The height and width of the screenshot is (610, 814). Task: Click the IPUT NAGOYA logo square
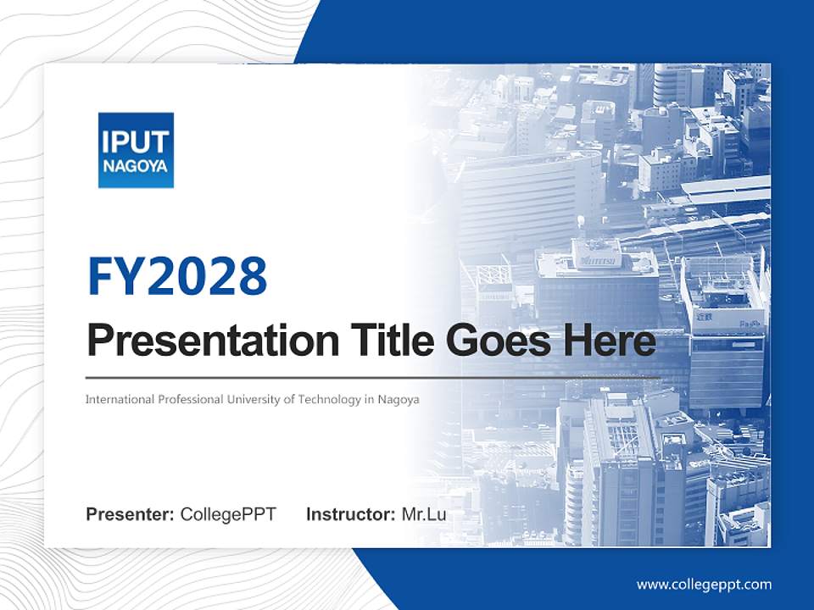(136, 150)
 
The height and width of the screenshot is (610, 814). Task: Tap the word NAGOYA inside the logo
(136, 165)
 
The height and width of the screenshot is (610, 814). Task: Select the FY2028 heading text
(177, 276)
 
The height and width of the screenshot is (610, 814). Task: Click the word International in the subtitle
(120, 399)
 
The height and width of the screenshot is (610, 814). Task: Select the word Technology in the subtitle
(329, 399)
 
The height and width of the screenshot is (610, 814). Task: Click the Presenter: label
(131, 514)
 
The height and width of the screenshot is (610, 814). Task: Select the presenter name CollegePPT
(228, 514)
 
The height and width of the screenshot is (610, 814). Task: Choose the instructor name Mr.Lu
(424, 514)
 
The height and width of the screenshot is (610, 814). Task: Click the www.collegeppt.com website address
(704, 584)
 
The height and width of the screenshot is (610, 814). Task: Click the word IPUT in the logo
(136, 141)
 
